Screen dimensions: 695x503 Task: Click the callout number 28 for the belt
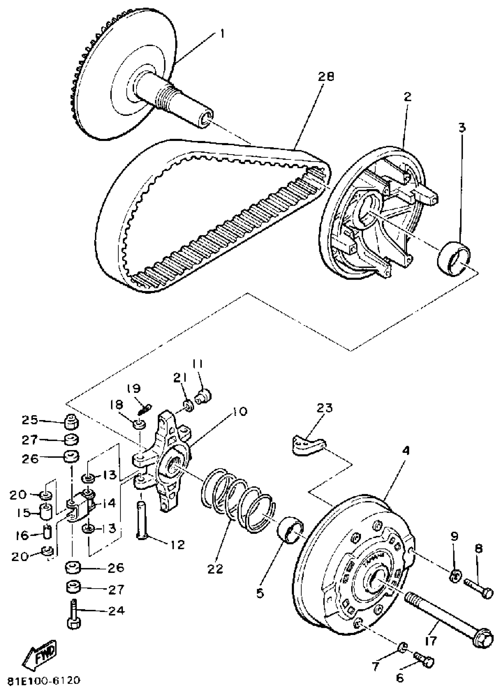(325, 77)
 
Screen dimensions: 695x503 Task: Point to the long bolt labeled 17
(448, 616)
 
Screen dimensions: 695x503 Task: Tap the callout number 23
(325, 408)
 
